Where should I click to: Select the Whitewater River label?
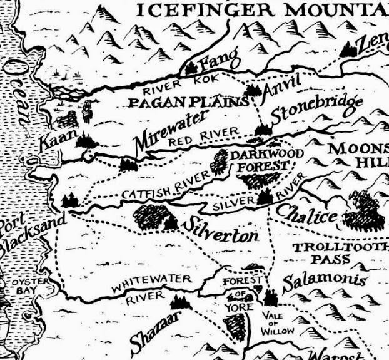pos(148,290)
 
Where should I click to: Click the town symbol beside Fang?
pos(191,68)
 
